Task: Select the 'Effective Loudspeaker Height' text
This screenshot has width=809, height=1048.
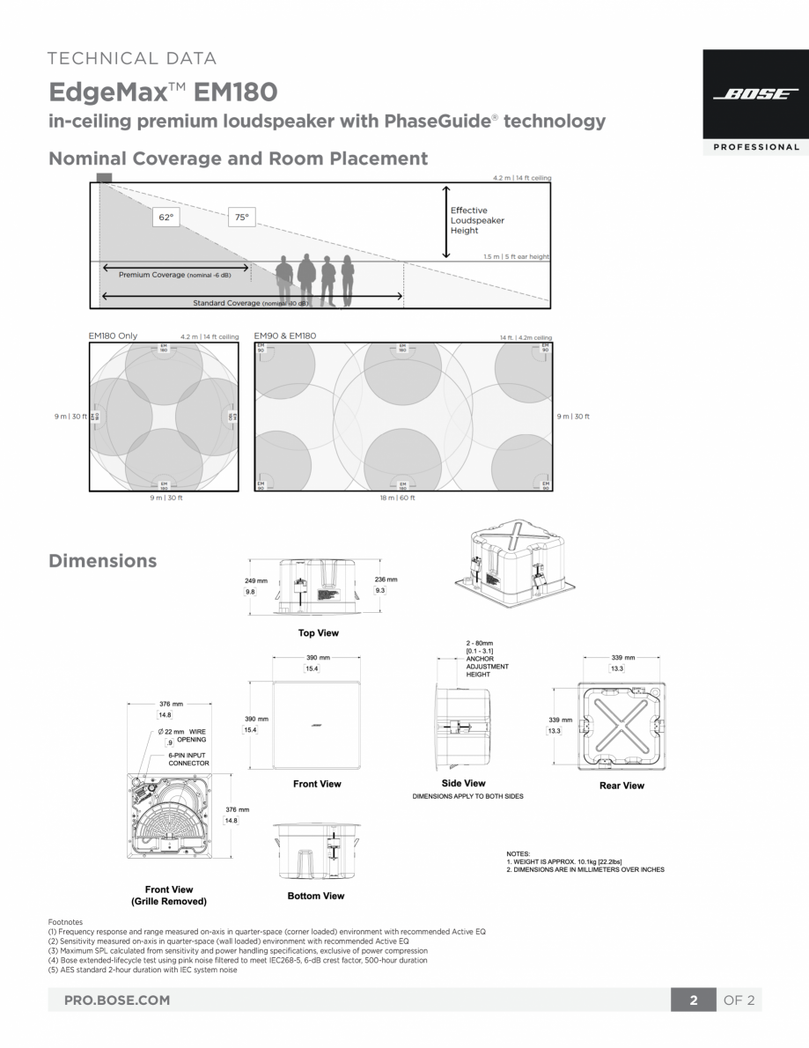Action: (477, 220)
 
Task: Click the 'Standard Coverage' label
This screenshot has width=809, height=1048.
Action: (250, 303)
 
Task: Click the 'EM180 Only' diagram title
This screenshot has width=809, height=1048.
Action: (113, 336)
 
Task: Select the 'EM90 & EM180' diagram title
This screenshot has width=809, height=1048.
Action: (284, 336)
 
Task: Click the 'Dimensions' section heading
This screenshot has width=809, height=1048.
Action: (103, 561)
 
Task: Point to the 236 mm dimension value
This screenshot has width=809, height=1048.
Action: (386, 579)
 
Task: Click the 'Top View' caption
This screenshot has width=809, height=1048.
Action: (318, 633)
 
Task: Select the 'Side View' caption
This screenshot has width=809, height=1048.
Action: (463, 783)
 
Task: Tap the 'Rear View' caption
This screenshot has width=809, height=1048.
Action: (621, 786)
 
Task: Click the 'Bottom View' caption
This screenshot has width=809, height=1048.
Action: (316, 896)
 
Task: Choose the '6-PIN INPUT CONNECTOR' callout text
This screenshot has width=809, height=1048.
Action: (188, 759)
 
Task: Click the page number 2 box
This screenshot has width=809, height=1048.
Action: (694, 1000)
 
